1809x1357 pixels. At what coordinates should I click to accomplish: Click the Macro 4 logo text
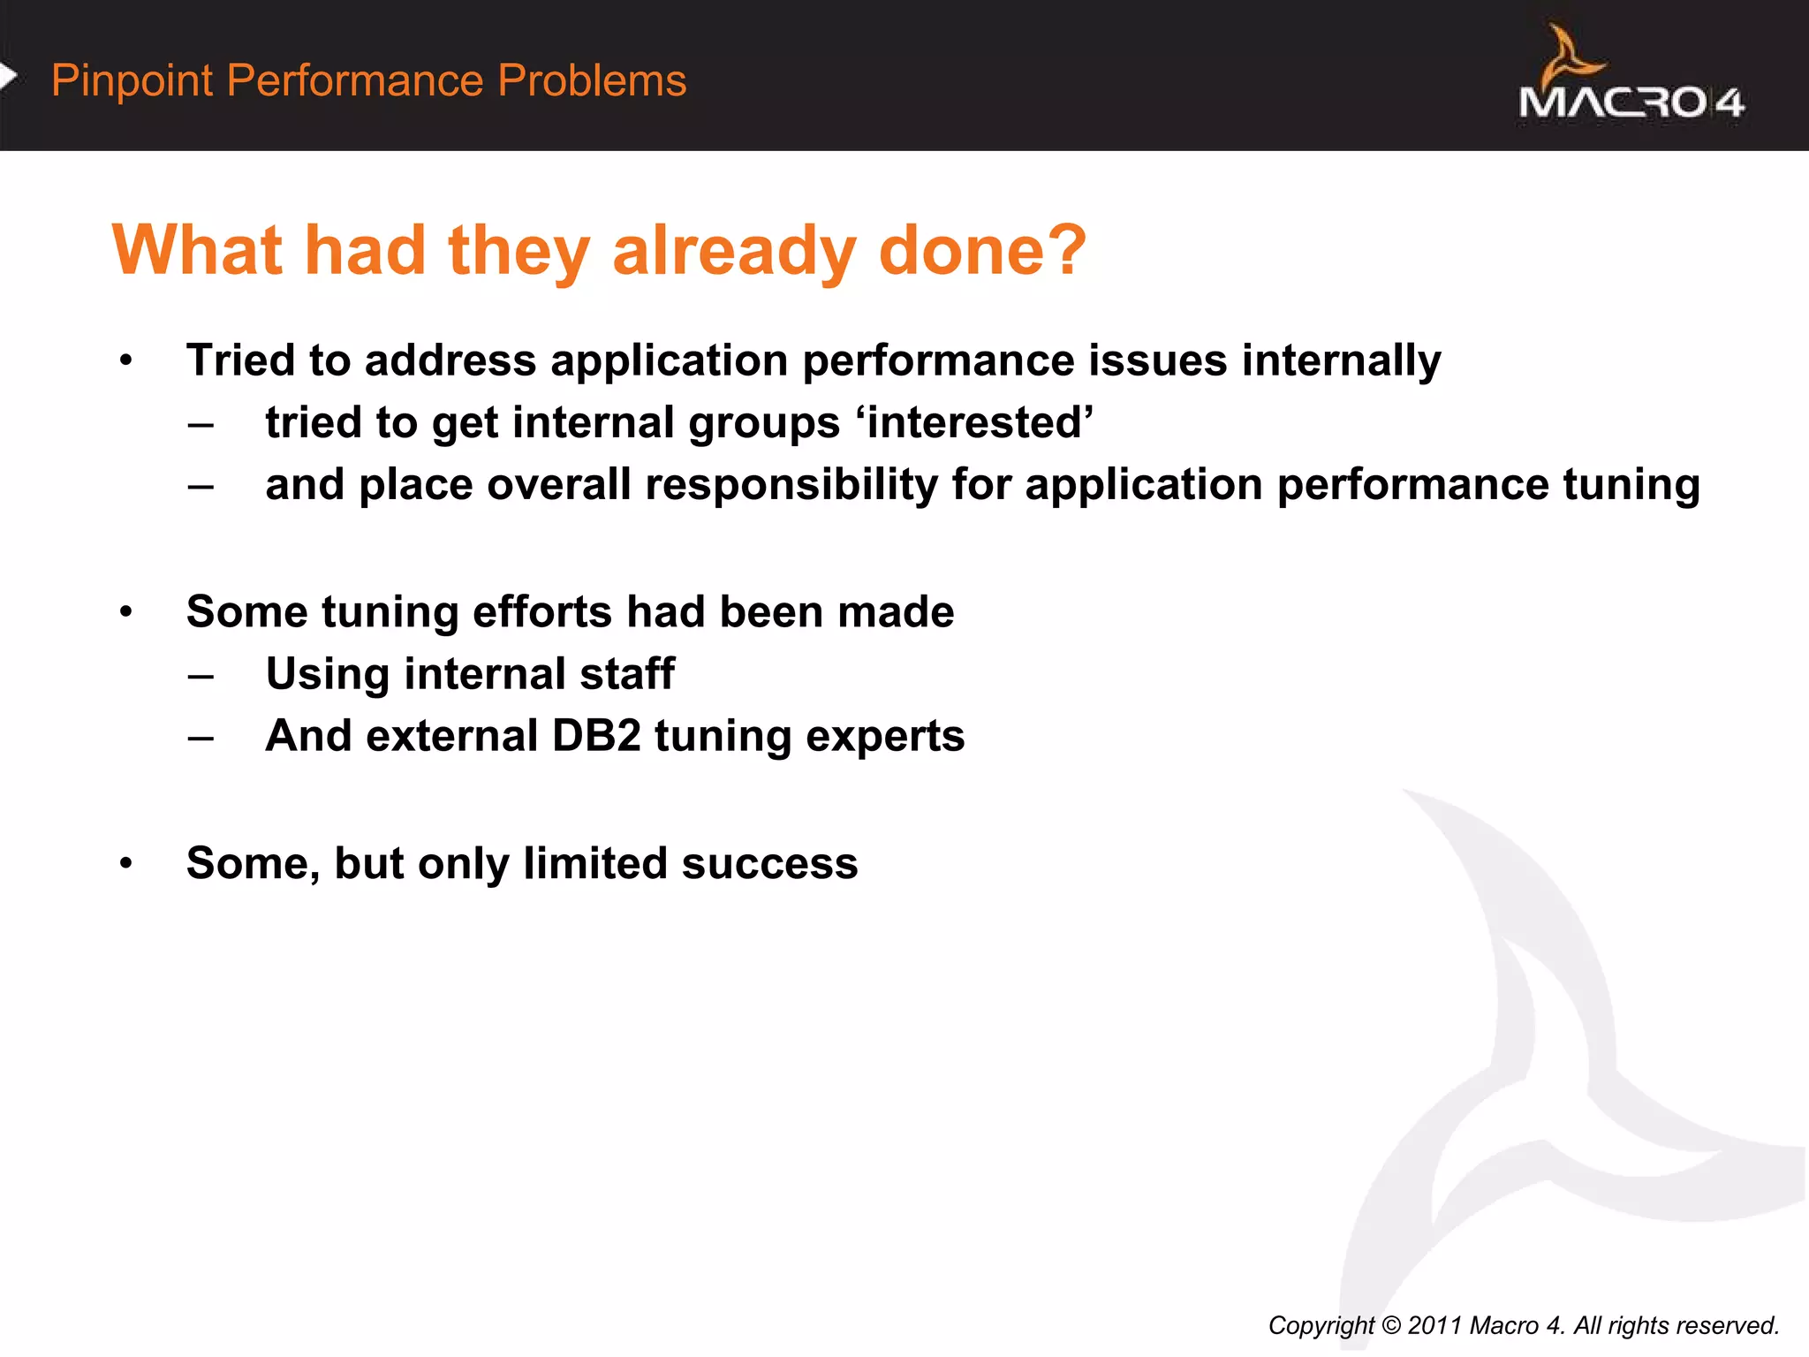tap(1631, 102)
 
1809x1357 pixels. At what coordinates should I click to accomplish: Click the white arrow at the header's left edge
tap(8, 77)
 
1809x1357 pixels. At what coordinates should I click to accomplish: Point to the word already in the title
tap(733, 251)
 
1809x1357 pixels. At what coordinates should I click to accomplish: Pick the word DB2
tap(596, 736)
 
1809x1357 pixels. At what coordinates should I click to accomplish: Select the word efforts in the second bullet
tap(542, 612)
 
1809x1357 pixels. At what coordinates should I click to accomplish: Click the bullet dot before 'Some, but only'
tap(126, 863)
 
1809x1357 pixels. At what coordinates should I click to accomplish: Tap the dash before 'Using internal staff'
tap(201, 676)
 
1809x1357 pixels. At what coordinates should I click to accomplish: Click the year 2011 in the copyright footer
tap(1434, 1325)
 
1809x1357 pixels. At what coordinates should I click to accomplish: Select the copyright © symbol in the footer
tap(1391, 1325)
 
